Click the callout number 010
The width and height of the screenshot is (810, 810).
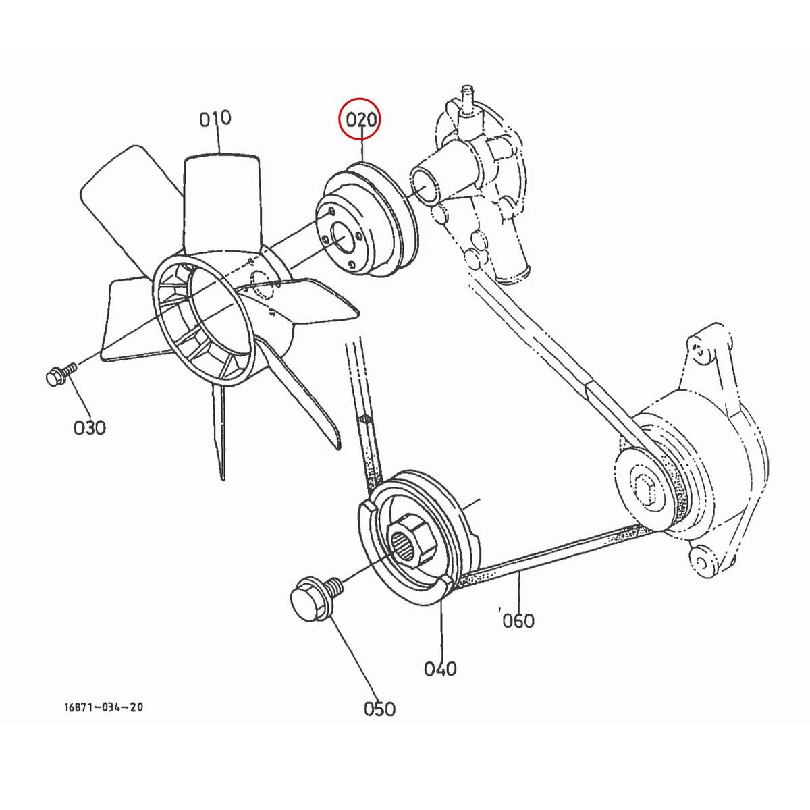[x=215, y=119]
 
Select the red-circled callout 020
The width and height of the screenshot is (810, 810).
[x=360, y=121]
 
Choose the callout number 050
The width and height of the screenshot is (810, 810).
[x=379, y=709]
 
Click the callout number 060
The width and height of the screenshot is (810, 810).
[x=518, y=620]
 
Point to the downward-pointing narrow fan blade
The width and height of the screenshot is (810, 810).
[x=220, y=432]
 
